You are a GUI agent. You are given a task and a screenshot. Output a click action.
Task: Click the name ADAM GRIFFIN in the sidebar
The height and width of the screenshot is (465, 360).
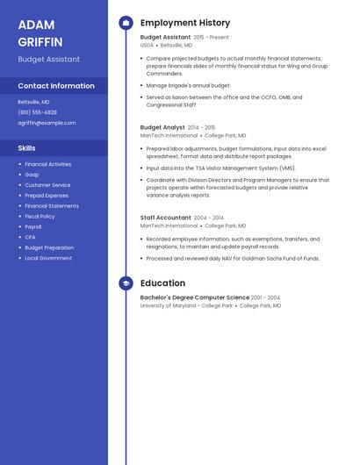40,32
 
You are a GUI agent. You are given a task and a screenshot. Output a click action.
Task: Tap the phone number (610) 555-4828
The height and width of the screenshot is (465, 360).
37,112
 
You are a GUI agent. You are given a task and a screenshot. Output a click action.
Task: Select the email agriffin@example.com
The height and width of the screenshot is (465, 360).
47,123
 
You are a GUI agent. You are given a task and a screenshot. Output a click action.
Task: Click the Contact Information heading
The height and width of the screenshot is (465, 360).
56,86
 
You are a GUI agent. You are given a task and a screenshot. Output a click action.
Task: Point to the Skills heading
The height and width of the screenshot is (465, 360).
27,148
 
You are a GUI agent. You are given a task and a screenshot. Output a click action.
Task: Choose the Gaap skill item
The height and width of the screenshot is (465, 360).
32,175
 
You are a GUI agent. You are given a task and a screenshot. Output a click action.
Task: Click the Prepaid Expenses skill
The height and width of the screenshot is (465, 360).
47,196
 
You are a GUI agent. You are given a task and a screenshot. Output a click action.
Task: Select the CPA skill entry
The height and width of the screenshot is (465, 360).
30,237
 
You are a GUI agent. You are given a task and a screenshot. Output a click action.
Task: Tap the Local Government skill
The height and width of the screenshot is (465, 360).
48,258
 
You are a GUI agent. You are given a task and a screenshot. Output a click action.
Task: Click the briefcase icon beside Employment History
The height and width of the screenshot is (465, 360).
126,23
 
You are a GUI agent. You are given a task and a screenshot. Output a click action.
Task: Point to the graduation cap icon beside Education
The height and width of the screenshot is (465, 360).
126,283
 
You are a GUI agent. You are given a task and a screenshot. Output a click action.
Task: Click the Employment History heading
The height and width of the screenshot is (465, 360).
185,23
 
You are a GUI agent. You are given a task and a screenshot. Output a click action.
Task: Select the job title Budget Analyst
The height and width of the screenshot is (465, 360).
162,127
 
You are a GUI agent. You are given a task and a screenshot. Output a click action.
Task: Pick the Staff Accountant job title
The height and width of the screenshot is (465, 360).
165,218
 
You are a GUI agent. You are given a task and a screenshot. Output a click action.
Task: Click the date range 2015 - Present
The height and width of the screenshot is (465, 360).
211,38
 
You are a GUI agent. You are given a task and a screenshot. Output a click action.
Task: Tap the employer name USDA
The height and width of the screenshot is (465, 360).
147,45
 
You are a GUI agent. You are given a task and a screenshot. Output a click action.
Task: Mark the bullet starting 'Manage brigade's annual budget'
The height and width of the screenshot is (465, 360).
188,86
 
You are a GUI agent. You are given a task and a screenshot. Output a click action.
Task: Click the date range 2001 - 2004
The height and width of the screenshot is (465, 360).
265,297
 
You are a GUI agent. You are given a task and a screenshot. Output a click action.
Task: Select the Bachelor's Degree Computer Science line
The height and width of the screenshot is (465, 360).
194,297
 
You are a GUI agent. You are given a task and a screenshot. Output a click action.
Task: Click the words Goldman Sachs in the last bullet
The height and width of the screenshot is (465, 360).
263,259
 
